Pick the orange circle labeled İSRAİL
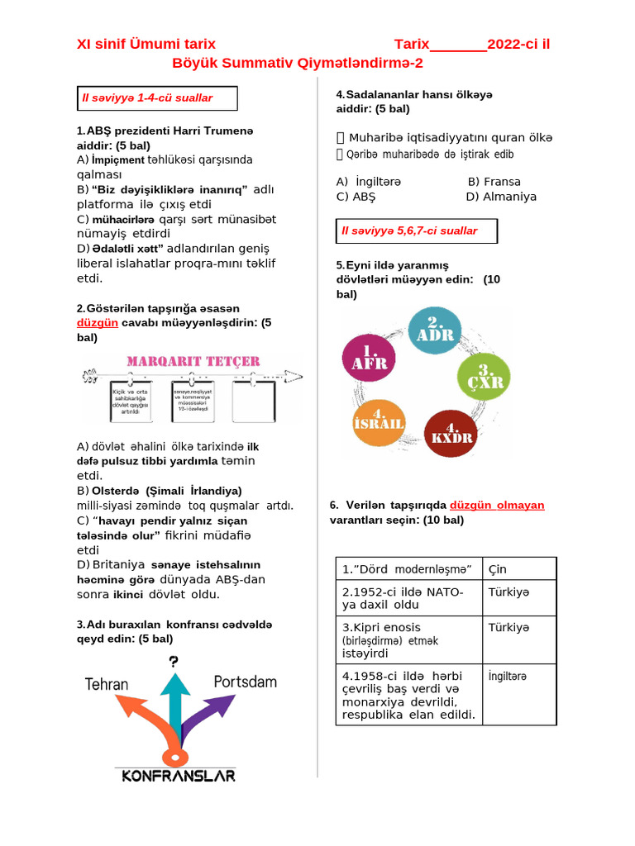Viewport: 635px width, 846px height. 379,421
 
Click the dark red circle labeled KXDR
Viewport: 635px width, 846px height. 451,432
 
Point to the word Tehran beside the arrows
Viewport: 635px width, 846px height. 107,684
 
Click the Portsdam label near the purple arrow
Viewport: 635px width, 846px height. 245,682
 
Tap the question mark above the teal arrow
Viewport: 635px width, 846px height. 174,661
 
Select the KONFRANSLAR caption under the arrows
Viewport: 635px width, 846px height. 179,775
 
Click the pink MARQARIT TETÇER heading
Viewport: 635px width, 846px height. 193,361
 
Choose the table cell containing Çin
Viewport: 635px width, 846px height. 519,568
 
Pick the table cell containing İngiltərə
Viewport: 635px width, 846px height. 519,694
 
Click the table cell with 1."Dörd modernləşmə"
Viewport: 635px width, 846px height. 409,568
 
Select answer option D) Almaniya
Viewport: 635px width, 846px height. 501,197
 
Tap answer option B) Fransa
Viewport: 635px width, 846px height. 494,181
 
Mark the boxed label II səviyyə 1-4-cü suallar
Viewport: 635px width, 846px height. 157,98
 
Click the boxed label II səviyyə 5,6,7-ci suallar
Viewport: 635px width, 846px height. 418,231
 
